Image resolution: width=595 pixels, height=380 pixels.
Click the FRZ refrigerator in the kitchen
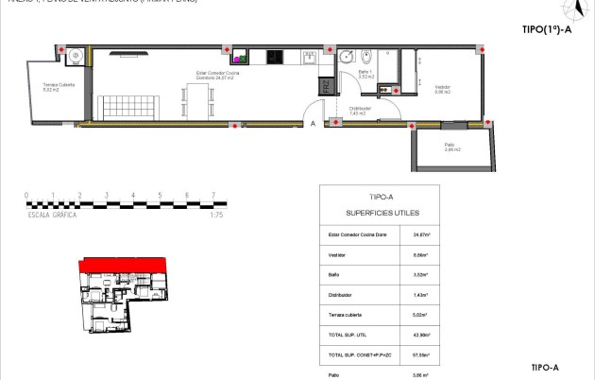[324, 87]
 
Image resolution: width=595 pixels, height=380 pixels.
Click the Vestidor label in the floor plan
[443, 86]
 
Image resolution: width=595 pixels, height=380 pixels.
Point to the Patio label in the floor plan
[451, 145]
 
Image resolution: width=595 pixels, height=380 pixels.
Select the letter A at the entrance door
[313, 123]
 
